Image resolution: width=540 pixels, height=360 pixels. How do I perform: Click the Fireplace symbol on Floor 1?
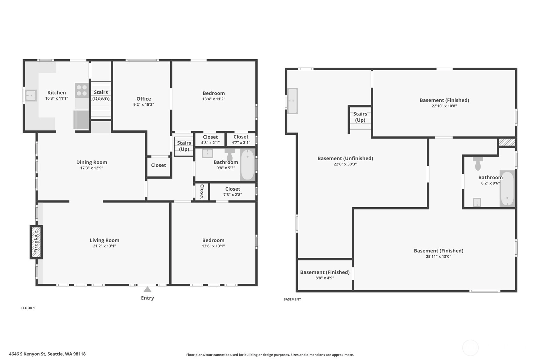(36, 242)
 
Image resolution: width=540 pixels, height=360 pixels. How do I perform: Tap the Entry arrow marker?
(147, 289)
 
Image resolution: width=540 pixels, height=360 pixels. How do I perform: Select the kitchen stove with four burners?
(82, 90)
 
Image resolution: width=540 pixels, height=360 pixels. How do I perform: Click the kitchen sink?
(31, 95)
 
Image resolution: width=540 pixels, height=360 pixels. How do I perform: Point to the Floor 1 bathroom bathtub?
(248, 165)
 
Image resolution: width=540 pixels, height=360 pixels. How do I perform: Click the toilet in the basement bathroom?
(478, 163)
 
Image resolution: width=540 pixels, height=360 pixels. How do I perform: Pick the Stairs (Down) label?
(101, 95)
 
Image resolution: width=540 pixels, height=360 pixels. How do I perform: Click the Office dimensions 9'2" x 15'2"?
(144, 104)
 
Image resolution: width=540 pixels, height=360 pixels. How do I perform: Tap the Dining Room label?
(92, 162)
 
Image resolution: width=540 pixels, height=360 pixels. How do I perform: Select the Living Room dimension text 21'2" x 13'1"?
(104, 246)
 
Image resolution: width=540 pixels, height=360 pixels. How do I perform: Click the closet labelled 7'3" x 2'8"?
(233, 191)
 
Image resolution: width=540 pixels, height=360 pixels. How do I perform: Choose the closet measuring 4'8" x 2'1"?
(210, 139)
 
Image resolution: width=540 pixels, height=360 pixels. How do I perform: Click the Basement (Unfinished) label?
(345, 159)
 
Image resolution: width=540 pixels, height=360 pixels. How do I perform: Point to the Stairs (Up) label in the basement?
(360, 117)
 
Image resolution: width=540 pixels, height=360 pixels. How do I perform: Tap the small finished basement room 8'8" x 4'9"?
(325, 275)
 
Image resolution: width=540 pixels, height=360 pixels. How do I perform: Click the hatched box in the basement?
(507, 142)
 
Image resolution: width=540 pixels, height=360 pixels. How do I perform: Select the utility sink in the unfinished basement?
(292, 101)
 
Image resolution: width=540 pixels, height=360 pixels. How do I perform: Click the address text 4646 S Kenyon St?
(27, 354)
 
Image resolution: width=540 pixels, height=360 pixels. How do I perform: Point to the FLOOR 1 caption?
(28, 308)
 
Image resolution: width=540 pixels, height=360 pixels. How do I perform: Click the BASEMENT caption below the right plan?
(292, 299)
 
